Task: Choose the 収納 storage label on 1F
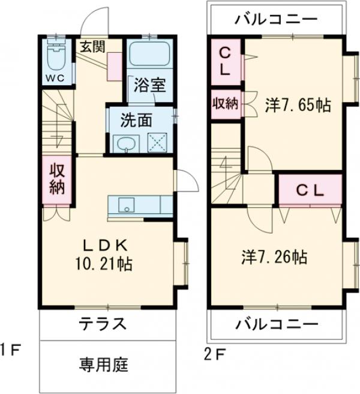pos(57,179)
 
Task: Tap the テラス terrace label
pos(103,324)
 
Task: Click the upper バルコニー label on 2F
pos(277,19)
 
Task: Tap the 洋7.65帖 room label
pos(298,105)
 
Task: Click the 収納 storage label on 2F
pos(224,103)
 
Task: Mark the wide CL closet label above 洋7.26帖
pos(310,190)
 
